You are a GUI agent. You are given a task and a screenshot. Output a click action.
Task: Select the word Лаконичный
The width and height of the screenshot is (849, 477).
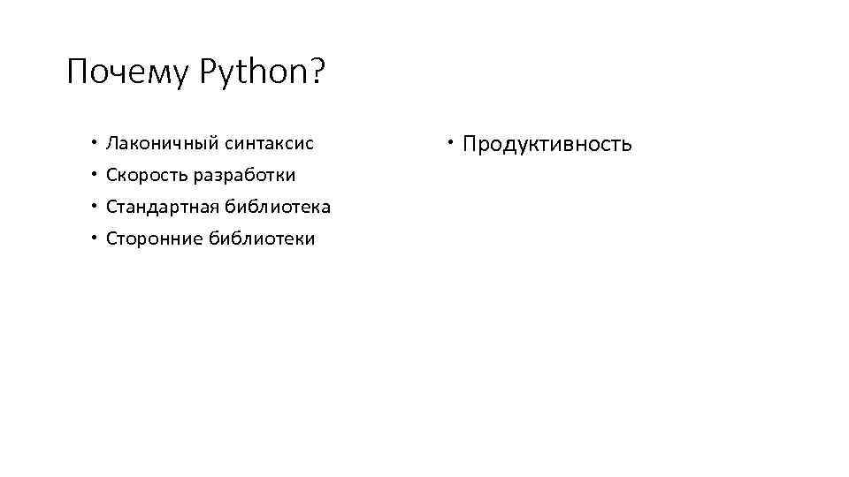click(x=162, y=142)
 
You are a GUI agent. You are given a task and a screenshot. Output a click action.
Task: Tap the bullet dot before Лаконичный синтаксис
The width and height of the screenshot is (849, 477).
click(x=92, y=141)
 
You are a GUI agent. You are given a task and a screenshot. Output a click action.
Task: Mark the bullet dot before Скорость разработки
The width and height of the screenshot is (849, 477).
click(x=92, y=174)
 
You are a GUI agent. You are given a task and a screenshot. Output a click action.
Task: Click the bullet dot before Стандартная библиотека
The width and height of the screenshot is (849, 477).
click(x=92, y=206)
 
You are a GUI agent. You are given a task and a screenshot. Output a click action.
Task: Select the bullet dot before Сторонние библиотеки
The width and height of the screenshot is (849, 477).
click(x=92, y=238)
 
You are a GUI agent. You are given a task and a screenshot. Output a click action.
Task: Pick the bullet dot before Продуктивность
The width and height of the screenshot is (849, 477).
click(x=450, y=141)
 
